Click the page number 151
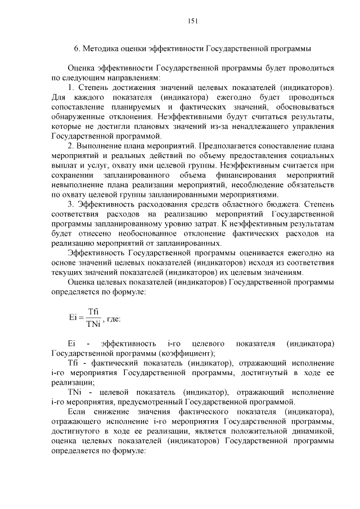point(192,21)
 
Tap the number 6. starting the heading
point(78,49)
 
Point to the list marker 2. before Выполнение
point(71,146)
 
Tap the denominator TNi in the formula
point(93,323)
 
